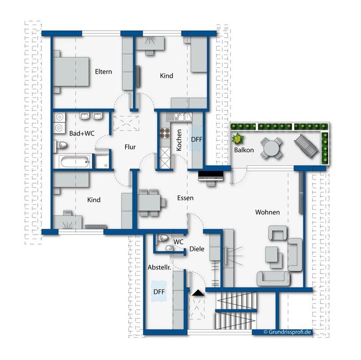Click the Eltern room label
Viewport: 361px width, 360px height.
click(103, 71)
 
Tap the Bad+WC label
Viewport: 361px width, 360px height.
click(82, 133)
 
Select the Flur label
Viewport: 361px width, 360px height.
click(130, 147)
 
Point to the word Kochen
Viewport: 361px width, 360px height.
click(179, 140)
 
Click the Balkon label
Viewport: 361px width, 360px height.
click(244, 150)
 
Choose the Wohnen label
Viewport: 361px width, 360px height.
click(267, 212)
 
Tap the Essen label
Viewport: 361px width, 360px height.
click(186, 198)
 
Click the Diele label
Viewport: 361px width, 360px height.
click(197, 249)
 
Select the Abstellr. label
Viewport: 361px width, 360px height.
click(160, 267)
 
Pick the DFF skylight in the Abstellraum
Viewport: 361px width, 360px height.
click(159, 291)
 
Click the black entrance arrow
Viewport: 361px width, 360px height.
click(198, 293)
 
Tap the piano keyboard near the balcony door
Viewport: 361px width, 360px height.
click(211, 176)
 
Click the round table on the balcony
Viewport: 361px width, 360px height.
click(271, 148)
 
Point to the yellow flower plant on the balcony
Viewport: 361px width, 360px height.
click(238, 139)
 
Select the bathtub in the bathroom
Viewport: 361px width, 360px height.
click(75, 162)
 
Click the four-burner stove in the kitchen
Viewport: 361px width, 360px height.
click(165, 133)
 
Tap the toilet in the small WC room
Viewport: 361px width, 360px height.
click(163, 238)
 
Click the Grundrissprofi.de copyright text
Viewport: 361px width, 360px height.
click(287, 332)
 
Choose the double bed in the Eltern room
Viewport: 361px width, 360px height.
click(71, 71)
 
